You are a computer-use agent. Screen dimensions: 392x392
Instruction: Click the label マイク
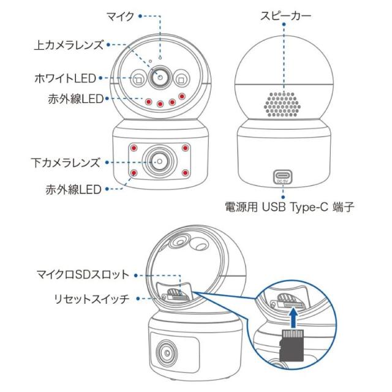click(x=121, y=17)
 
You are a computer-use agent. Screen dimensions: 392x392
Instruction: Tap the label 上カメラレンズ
click(x=69, y=45)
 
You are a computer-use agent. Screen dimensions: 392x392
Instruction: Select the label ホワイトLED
click(x=66, y=78)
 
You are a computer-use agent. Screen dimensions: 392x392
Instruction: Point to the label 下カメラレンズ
click(x=66, y=162)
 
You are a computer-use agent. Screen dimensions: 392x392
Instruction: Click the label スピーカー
click(x=286, y=16)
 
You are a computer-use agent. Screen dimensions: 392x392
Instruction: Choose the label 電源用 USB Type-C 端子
click(x=290, y=207)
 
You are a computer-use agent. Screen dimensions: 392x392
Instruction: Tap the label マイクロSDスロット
click(x=83, y=275)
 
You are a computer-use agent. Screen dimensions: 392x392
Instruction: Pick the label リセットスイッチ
click(x=92, y=299)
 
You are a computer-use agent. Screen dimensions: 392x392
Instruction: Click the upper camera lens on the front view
click(x=160, y=77)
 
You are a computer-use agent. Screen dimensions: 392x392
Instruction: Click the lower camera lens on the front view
click(x=159, y=161)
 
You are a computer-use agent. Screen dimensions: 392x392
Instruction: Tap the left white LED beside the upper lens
click(x=138, y=78)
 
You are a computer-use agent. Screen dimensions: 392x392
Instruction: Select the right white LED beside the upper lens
click(x=182, y=78)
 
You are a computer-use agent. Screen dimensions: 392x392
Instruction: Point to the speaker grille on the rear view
click(x=282, y=104)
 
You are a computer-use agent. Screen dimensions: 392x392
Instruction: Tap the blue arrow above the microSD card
click(x=294, y=318)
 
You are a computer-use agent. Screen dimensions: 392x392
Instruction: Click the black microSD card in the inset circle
click(x=292, y=345)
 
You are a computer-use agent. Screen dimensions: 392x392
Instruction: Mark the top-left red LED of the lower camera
click(x=134, y=148)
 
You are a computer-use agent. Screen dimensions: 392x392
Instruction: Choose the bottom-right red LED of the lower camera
click(x=185, y=173)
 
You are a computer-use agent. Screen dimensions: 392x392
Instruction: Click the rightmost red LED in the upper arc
click(x=182, y=96)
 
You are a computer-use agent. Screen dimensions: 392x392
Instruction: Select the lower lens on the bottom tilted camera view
click(x=167, y=353)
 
